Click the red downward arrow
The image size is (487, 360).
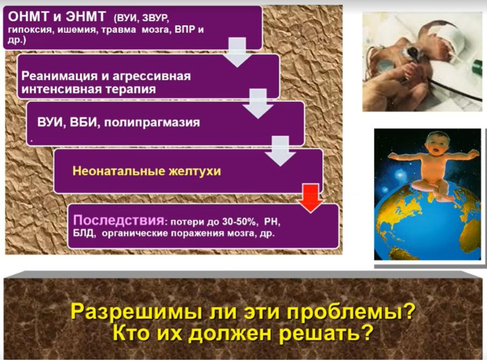(310, 198)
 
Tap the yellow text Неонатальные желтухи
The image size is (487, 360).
(146, 171)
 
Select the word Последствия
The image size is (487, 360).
(118, 220)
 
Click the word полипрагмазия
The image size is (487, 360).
(152, 122)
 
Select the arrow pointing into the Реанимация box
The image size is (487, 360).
(238, 52)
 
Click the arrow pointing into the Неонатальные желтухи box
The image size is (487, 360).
(280, 151)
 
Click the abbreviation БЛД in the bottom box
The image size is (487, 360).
(83, 233)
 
